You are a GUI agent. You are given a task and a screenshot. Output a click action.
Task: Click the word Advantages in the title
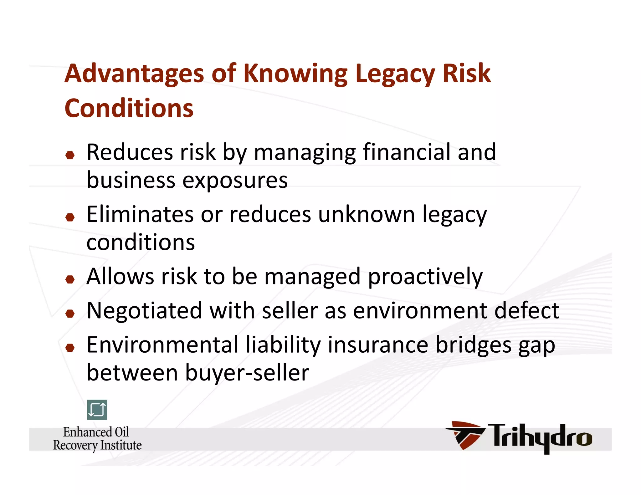click(x=134, y=74)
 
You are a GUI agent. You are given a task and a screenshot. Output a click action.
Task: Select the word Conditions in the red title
click(x=129, y=108)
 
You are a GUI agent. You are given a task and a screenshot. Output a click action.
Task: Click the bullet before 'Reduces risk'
click(x=70, y=155)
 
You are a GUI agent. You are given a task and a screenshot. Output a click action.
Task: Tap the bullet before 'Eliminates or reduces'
click(x=70, y=217)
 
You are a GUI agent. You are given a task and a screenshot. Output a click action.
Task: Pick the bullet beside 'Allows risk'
click(x=70, y=279)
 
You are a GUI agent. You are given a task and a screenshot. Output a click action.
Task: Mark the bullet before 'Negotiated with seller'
click(x=70, y=313)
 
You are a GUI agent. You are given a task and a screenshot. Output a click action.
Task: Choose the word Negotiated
click(x=144, y=311)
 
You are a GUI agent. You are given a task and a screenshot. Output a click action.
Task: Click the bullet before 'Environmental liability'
click(x=70, y=347)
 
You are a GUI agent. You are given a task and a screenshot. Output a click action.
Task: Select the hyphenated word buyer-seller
click(x=247, y=373)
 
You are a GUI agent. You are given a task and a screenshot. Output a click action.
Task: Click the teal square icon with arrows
click(x=97, y=410)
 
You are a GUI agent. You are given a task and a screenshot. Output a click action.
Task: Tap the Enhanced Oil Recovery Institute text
click(x=97, y=439)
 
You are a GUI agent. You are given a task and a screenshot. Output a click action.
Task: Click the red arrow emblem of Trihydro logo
click(x=465, y=435)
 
